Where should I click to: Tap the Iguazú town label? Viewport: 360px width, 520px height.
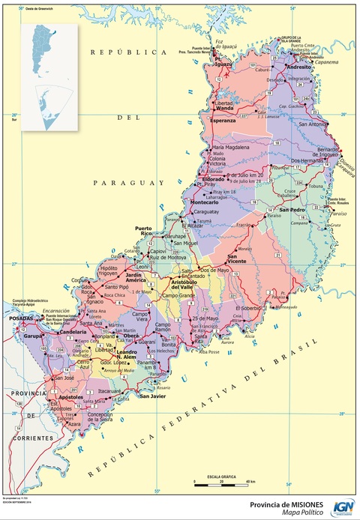[x=223, y=64]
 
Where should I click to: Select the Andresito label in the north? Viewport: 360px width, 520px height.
[x=298, y=67]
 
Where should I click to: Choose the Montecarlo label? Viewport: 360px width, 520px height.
[x=205, y=203]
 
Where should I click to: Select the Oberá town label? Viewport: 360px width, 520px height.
[x=132, y=335]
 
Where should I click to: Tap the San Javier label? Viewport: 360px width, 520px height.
[x=152, y=396]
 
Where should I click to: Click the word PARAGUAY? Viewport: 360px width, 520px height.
[x=130, y=182]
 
